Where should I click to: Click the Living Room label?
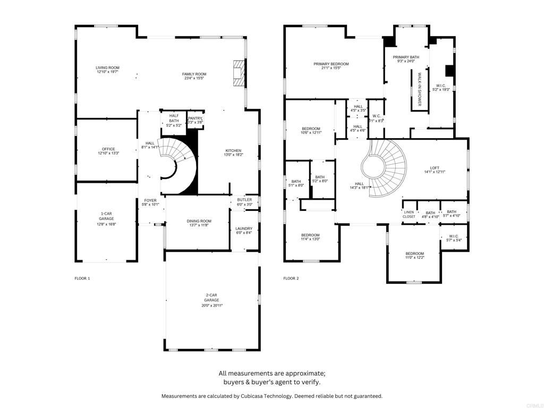coord(107,68)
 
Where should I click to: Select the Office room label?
coord(108,149)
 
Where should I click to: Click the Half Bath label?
coord(174,118)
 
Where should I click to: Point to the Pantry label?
coord(195,118)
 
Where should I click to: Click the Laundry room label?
coord(244,228)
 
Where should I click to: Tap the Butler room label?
coord(244,200)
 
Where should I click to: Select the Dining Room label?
coord(199,221)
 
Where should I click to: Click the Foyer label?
coord(150,200)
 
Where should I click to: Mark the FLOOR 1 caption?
coord(82,278)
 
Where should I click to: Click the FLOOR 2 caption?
coord(291,278)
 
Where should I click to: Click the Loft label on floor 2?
coord(435,168)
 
